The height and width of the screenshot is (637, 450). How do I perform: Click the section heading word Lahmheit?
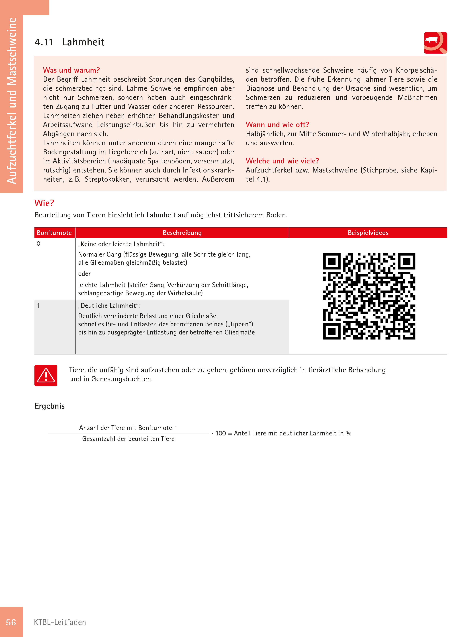[83, 42]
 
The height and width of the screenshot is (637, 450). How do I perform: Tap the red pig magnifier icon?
[435, 43]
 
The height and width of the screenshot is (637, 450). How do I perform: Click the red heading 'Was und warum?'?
[71, 70]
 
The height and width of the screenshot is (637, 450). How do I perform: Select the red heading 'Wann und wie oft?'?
[277, 125]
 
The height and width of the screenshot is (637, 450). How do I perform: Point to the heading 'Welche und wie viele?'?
[282, 161]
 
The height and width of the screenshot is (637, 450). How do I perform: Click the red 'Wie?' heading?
[44, 203]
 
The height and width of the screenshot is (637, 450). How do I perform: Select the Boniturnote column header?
[54, 233]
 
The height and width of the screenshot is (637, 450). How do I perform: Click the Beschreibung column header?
[182, 233]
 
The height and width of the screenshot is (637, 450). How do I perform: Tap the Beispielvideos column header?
[368, 233]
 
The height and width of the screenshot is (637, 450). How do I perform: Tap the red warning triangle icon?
[46, 375]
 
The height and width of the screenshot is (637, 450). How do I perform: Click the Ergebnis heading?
[50, 406]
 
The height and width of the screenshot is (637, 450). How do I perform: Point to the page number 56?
[11, 622]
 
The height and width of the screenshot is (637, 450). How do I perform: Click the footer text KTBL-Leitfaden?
[60, 622]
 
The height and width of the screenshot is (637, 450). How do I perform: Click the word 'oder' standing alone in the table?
[84, 274]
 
